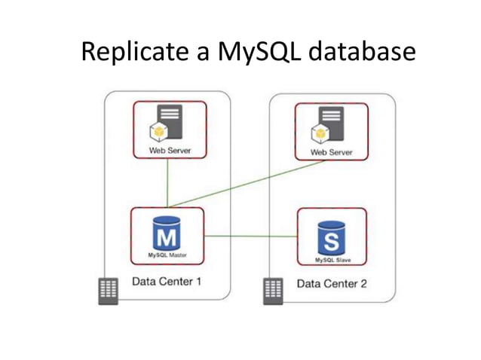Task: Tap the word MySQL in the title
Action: pos(243,52)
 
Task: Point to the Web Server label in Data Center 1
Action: pos(169,151)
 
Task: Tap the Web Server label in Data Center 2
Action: pos(330,153)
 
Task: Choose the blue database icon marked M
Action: pos(167,235)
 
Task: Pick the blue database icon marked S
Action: pos(331,237)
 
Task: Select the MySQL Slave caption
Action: pos(332,260)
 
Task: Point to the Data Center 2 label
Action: pos(332,284)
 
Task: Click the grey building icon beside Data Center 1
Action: pos(109,291)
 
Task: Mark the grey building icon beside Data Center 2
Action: pos(271,291)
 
